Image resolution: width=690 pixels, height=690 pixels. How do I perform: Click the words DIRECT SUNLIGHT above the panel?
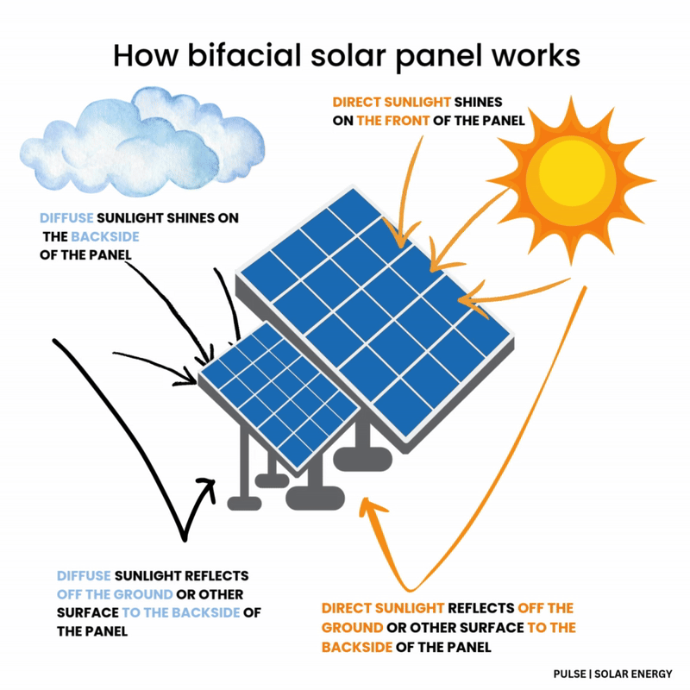[x=392, y=102]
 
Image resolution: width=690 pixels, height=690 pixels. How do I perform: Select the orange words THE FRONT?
[x=392, y=121]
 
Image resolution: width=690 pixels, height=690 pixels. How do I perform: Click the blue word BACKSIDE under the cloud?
[x=104, y=236]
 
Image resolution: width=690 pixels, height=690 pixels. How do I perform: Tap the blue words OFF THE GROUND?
[x=115, y=594]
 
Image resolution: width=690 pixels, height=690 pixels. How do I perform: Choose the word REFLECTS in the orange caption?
[x=480, y=608]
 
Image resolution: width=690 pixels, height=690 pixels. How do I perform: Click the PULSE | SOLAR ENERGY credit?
[x=612, y=674]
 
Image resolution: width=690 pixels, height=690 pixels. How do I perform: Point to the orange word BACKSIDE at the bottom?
[x=356, y=647]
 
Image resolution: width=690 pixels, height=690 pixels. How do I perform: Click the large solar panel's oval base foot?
[x=362, y=459]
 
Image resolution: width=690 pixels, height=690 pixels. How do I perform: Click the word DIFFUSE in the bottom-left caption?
[x=84, y=575]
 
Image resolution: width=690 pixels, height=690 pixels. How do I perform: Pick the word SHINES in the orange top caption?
[x=478, y=102]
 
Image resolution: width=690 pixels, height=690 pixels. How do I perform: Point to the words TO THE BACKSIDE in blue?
[x=181, y=612]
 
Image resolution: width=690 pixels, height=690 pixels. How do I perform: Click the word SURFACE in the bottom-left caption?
[x=88, y=612]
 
